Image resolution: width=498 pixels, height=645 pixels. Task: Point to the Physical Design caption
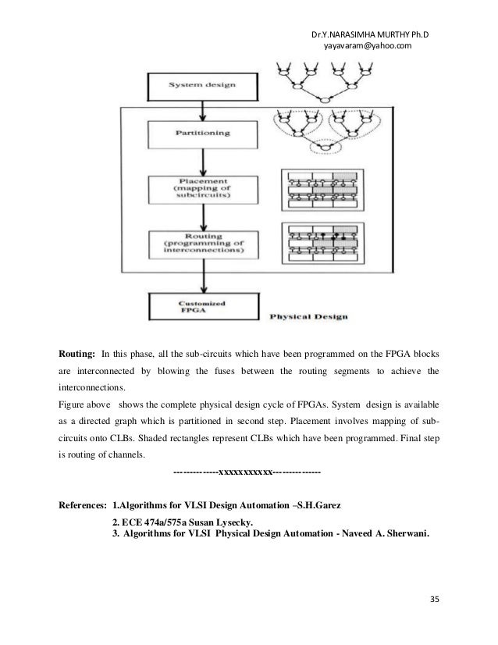[x=309, y=317]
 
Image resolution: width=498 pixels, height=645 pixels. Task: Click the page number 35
[x=435, y=599]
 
